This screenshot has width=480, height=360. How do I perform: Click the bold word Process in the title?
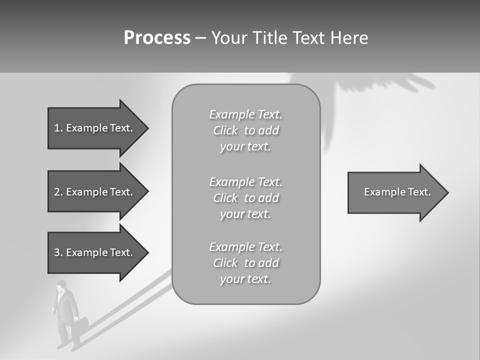[157, 38]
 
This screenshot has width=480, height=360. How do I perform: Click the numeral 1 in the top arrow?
[57, 128]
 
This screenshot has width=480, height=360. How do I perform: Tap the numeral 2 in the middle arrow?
[57, 192]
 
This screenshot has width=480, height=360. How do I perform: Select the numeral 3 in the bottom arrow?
[57, 252]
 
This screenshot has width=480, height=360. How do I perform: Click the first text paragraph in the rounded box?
[245, 130]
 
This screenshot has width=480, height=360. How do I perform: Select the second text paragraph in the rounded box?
[245, 198]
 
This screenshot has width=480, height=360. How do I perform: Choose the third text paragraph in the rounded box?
[245, 263]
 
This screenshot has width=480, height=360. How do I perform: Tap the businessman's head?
[61, 286]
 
